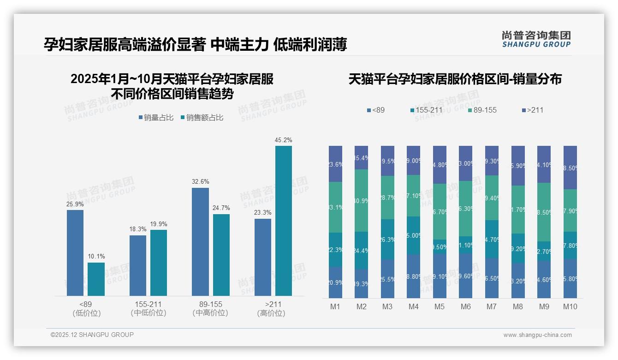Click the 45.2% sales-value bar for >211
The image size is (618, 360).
[283, 221]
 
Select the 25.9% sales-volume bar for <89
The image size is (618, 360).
[75, 252]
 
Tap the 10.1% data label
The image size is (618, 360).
[96, 257]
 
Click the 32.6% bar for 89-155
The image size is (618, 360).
[200, 241]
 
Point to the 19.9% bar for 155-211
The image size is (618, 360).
[159, 263]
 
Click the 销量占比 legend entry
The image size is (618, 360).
[156, 118]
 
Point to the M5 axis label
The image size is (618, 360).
[440, 306]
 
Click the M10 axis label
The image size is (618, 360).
[570, 306]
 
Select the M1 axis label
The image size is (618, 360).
[335, 306]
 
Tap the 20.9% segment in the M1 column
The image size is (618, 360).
[335, 282]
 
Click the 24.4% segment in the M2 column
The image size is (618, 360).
[361, 251]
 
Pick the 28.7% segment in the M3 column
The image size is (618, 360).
[387, 198]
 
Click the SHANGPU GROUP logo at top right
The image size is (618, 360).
[536, 39]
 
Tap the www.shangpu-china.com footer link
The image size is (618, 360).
[537, 335]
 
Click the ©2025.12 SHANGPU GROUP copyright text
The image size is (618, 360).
[92, 335]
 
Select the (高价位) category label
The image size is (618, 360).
[271, 313]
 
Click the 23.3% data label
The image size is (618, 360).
[262, 213]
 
